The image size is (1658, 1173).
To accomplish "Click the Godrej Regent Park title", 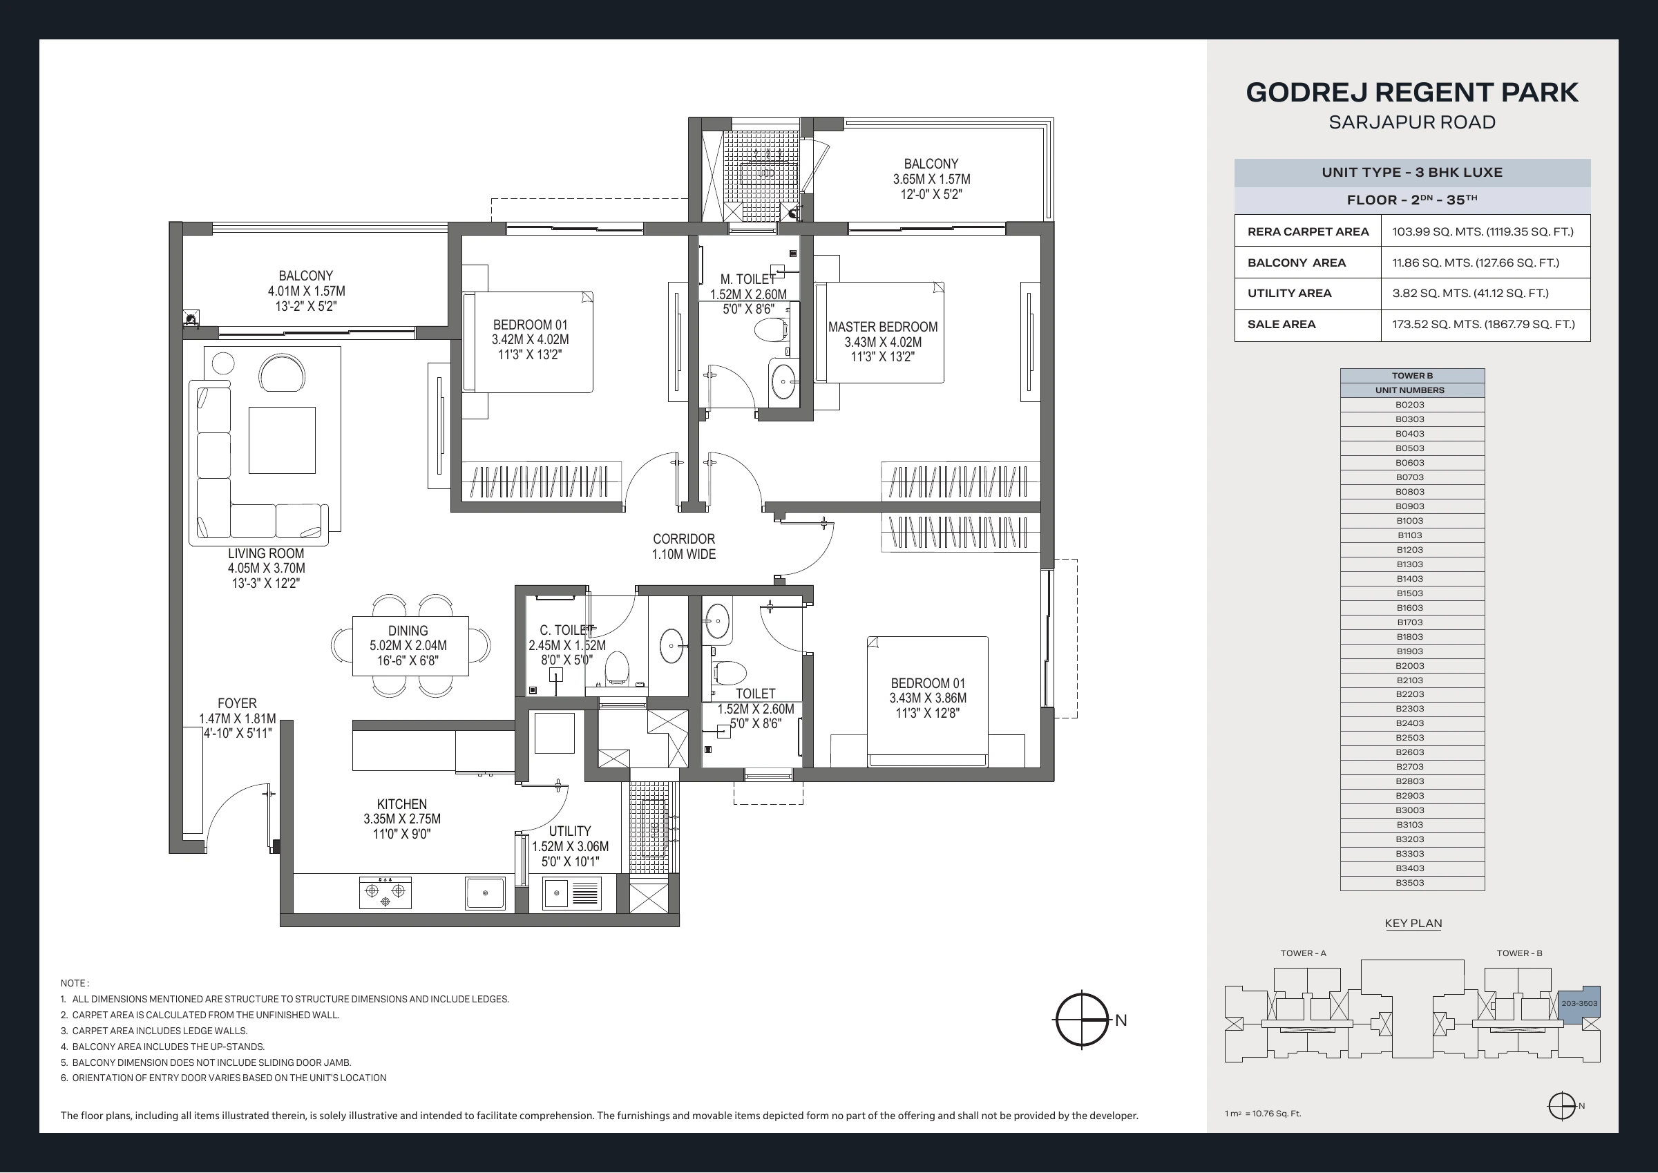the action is [1412, 93].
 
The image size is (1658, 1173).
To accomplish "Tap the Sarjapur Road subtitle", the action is [1412, 122].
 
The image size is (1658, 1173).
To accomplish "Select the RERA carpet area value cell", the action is [1485, 231].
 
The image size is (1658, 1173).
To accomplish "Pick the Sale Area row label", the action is [1281, 324].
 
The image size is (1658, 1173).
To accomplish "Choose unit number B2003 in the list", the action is [1409, 665].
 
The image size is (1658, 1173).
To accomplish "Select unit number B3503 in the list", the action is [1409, 883].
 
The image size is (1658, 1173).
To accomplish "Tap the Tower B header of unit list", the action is [1412, 376].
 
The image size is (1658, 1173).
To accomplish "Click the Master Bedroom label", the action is [882, 327].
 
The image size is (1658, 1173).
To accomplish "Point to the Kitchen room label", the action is [401, 804].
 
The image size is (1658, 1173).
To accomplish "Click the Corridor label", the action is [684, 539].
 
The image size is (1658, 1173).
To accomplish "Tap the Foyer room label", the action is [237, 703].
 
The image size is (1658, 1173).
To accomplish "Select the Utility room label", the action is [570, 831].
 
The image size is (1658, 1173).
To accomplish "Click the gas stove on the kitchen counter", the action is [385, 893].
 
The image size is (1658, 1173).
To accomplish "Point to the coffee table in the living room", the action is [282, 440].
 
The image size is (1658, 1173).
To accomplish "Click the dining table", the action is [410, 646].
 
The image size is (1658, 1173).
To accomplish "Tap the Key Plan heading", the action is [1413, 923].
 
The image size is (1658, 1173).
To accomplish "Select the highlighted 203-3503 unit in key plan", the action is [1579, 1003].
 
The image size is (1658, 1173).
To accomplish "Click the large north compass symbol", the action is [1082, 1020].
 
